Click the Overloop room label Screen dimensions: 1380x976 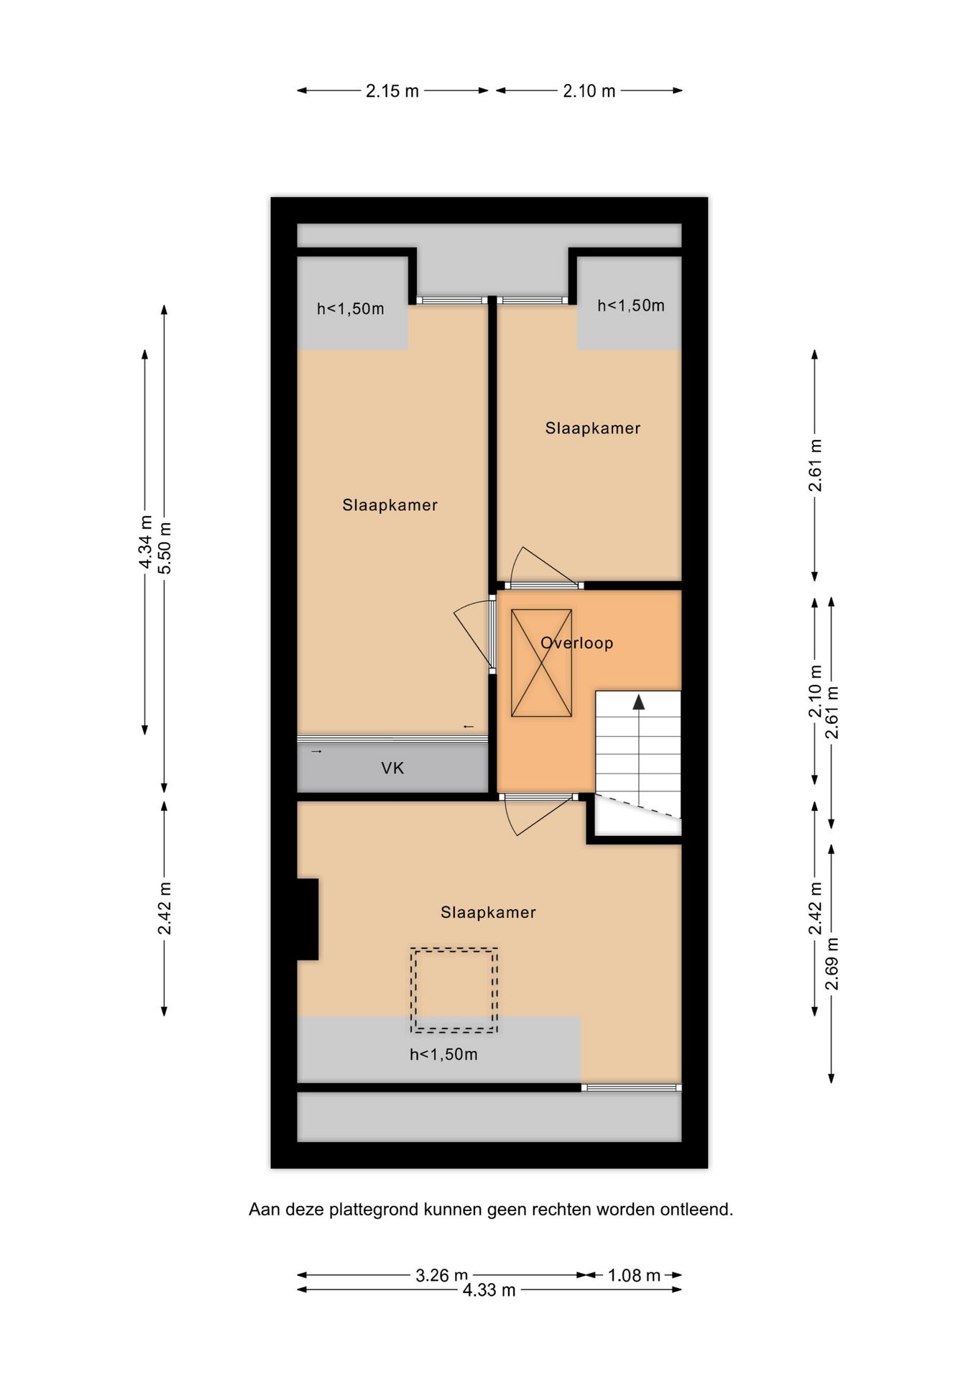[576, 643]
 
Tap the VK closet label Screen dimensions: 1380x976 [392, 768]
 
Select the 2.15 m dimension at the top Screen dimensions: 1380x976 [392, 91]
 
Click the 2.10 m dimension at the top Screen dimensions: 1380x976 [589, 91]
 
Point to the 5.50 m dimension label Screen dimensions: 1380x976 [165, 547]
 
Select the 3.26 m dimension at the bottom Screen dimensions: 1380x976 [441, 1275]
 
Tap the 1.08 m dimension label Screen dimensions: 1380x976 [633, 1275]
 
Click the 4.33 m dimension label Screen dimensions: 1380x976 [489, 1290]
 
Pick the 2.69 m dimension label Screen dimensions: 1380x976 [832, 964]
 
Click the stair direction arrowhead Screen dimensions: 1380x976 [638, 702]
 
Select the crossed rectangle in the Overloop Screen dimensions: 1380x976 [541, 663]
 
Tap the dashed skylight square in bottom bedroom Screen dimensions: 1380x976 [454, 990]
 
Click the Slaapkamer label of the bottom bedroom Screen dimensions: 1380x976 [488, 912]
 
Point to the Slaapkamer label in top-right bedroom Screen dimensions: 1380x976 [592, 428]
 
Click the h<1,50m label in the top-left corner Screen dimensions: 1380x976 [350, 309]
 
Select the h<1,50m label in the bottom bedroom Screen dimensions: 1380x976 [443, 1054]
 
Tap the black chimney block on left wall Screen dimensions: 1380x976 [308, 919]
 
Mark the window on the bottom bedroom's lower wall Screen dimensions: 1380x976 [631, 1087]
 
